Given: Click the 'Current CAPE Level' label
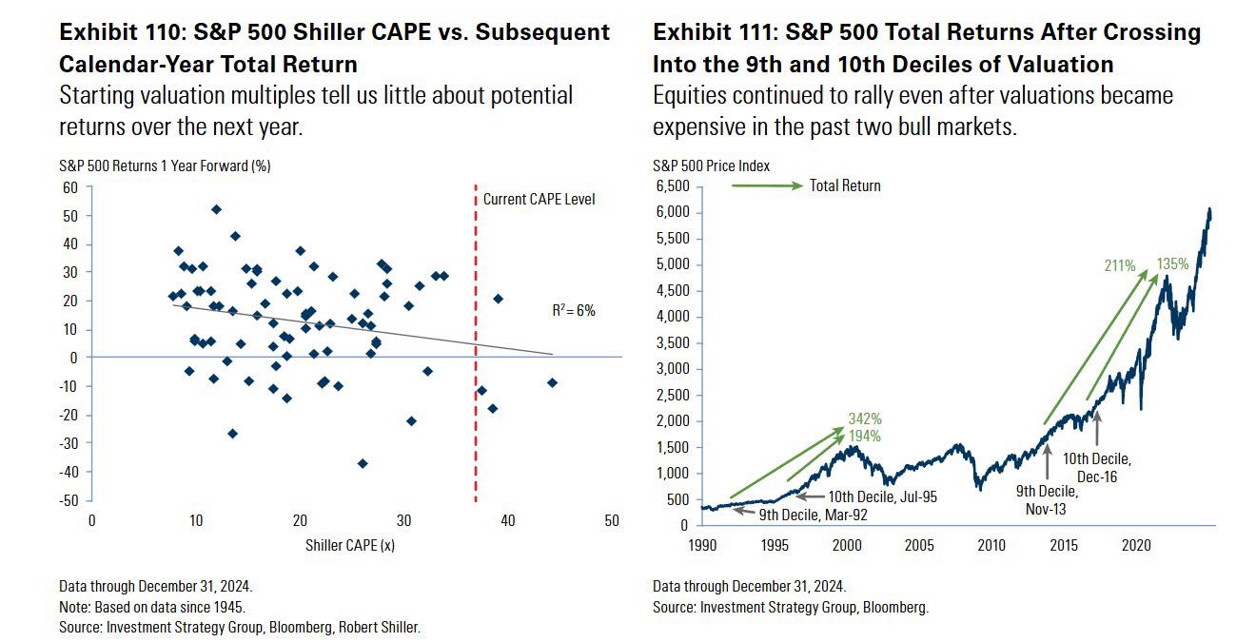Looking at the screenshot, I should coord(539,200).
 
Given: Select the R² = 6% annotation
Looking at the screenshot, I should coord(574,310).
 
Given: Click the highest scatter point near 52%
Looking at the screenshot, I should coord(216,209).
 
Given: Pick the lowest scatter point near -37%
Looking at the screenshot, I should coord(363,463).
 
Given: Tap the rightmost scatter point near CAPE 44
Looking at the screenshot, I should coord(552,382).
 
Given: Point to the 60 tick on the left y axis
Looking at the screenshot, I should coord(70,186).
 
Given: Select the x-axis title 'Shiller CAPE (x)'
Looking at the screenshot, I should coord(350,546).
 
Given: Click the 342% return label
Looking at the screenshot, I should coord(864,418).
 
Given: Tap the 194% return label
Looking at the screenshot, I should coord(864,436).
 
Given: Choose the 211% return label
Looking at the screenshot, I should coord(1119,266).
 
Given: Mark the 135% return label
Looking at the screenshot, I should coord(1172,264).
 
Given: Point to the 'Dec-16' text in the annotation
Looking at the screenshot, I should coord(1097,477).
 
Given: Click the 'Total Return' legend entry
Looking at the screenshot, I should coord(845,186).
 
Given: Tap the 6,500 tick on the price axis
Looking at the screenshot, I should coord(672,186).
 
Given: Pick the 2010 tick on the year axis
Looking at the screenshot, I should coord(992,546).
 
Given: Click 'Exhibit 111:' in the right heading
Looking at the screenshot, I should coord(709,33).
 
